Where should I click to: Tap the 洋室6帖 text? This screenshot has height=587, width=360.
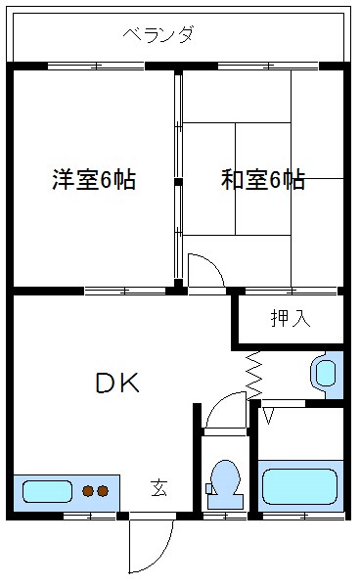[x=93, y=180]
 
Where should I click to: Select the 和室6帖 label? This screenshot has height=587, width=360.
[x=262, y=180]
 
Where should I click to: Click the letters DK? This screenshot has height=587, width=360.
[x=117, y=384]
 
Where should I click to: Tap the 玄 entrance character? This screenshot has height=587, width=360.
[x=157, y=486]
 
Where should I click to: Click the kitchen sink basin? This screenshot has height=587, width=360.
[x=47, y=490]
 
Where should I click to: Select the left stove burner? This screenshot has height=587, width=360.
[x=87, y=490]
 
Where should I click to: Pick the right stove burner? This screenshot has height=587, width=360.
[x=102, y=490]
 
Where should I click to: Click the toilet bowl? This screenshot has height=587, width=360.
[x=225, y=479]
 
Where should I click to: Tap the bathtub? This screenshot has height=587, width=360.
[x=300, y=485]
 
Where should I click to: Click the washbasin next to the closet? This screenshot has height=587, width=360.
[x=325, y=373]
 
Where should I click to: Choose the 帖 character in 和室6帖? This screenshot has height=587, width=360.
[x=293, y=180]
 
